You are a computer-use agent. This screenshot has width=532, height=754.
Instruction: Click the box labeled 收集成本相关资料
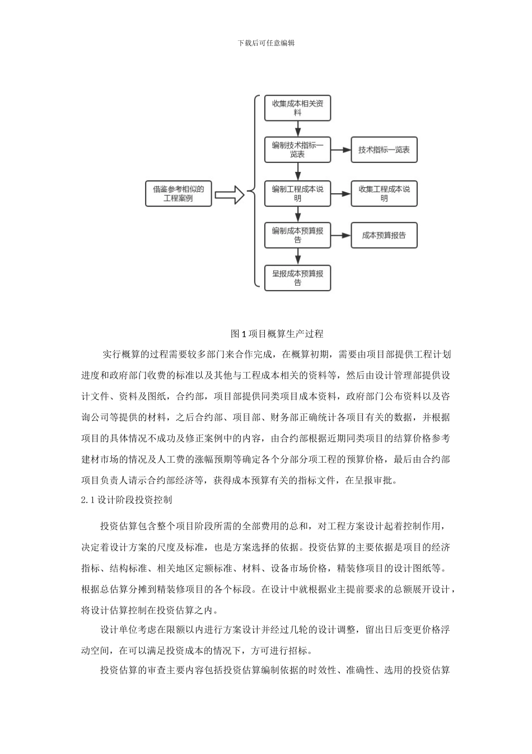(x=297, y=108)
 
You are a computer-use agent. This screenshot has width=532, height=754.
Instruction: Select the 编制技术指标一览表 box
(x=297, y=150)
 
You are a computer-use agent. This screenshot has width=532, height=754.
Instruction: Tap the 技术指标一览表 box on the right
(x=384, y=150)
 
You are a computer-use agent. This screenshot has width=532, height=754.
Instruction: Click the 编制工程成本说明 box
(x=297, y=193)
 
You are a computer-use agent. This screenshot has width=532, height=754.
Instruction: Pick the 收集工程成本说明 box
(x=384, y=193)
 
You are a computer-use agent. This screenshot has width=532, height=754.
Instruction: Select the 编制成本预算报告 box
(x=297, y=235)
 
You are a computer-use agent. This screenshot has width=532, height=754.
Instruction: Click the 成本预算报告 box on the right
(x=384, y=235)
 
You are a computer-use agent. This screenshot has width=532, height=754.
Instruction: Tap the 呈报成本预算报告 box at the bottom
(x=297, y=278)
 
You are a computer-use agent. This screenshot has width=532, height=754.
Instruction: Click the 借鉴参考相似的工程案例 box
(x=179, y=193)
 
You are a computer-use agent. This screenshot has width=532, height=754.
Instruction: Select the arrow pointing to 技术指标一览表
(x=340, y=150)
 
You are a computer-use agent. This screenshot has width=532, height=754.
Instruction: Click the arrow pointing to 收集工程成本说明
(x=340, y=193)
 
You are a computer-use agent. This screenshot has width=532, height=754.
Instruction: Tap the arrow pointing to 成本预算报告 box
(x=340, y=235)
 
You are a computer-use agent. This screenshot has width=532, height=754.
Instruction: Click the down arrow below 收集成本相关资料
(x=298, y=129)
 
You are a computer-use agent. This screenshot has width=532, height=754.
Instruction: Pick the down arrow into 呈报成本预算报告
(x=298, y=257)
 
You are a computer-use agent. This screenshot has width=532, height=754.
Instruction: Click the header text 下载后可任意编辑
(x=266, y=43)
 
